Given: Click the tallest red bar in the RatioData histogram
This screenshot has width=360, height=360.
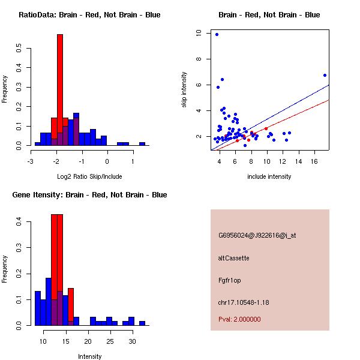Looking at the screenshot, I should tap(60, 90).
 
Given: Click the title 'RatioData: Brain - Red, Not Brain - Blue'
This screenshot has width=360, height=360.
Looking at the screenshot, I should tap(89, 14).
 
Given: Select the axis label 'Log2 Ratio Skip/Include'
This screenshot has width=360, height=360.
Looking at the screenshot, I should tap(89, 176).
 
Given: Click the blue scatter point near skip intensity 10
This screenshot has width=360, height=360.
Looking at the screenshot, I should tap(217, 34).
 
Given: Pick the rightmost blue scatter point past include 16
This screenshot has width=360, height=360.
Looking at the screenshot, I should tap(325, 75).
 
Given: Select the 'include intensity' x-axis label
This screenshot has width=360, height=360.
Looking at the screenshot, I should tap(269, 176).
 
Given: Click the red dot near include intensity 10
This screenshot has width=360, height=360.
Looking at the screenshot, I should tap(266, 128).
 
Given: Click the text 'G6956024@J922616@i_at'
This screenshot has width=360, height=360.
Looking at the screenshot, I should tap(257, 235).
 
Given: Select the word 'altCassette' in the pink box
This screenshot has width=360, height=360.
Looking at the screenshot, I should tap(233, 258).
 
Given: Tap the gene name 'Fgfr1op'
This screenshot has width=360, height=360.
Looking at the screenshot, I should tap(229, 280).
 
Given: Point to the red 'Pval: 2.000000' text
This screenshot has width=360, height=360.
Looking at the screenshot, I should tap(239, 319).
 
